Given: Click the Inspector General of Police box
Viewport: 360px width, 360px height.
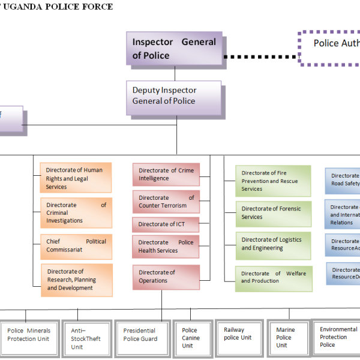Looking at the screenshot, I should (x=175, y=49).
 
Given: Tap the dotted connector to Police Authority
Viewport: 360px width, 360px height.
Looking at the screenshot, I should (x=262, y=56).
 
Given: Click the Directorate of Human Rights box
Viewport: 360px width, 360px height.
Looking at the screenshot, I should (x=76, y=178).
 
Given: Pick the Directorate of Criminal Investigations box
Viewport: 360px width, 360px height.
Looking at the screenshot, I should (x=76, y=213).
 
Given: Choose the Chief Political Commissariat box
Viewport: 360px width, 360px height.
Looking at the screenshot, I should (x=76, y=246).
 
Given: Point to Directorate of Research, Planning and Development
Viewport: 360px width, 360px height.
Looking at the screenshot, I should (x=76, y=280).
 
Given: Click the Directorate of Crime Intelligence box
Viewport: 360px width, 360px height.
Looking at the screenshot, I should (x=166, y=174).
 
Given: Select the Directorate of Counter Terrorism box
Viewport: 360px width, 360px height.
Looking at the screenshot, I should (x=166, y=202).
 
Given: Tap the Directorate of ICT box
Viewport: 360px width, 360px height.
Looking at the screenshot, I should (x=165, y=224).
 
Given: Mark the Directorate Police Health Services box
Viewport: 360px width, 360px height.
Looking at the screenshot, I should (x=166, y=246).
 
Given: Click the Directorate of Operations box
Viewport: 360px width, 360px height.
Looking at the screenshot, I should (x=166, y=277).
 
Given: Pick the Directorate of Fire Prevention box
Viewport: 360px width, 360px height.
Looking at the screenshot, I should (x=273, y=181).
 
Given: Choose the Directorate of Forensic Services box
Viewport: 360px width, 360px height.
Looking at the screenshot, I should (x=273, y=213).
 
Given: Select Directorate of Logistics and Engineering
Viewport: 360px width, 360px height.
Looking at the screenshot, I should (x=273, y=244).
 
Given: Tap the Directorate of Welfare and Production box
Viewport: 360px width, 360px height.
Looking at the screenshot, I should (x=273, y=277).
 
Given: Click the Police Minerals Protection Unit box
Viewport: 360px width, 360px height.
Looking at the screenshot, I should (x=29, y=335).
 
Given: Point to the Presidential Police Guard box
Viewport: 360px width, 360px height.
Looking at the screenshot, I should (x=140, y=335).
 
